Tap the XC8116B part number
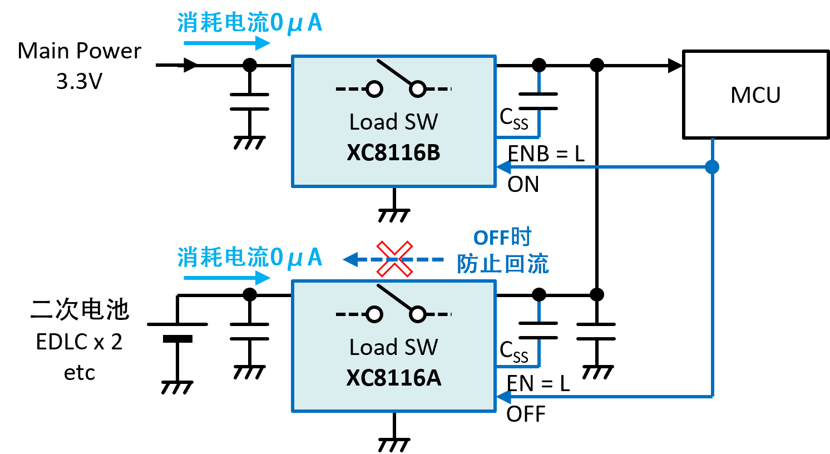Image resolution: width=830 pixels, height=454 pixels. pos(393,152)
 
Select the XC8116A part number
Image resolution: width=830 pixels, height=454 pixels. pos(393,378)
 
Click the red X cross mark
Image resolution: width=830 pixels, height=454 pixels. pos(394,259)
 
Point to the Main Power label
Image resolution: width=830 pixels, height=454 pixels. pos(80,51)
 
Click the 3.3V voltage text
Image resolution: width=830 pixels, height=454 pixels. pos(80,81)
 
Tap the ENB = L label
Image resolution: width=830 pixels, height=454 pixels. pos(546,154)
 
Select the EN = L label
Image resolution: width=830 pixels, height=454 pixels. pos(538,383)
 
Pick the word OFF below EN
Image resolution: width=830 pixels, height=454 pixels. pos(526,414)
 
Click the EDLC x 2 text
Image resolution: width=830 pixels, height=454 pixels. pos(79,341)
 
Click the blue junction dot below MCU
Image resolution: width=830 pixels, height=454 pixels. pos(712,167)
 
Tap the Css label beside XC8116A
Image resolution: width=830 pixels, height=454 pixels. pos(513,351)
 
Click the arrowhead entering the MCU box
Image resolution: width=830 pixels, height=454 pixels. pos(675,66)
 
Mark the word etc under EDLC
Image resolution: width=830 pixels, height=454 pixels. pos(80,373)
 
